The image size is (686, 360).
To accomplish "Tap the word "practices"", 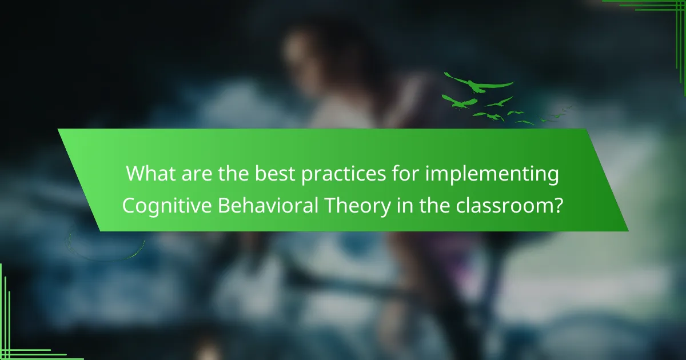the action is (x=344, y=175).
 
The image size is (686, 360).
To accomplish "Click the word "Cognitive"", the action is (x=167, y=206).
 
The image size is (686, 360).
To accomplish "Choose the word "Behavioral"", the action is (x=268, y=205).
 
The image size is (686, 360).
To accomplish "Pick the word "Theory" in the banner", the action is (x=357, y=206).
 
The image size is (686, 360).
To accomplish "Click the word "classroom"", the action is (x=505, y=205).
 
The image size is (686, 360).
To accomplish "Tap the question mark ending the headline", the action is (x=559, y=205).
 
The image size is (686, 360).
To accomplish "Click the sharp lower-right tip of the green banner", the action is (x=628, y=231).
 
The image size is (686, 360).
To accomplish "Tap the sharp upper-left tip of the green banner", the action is (x=58, y=129).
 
